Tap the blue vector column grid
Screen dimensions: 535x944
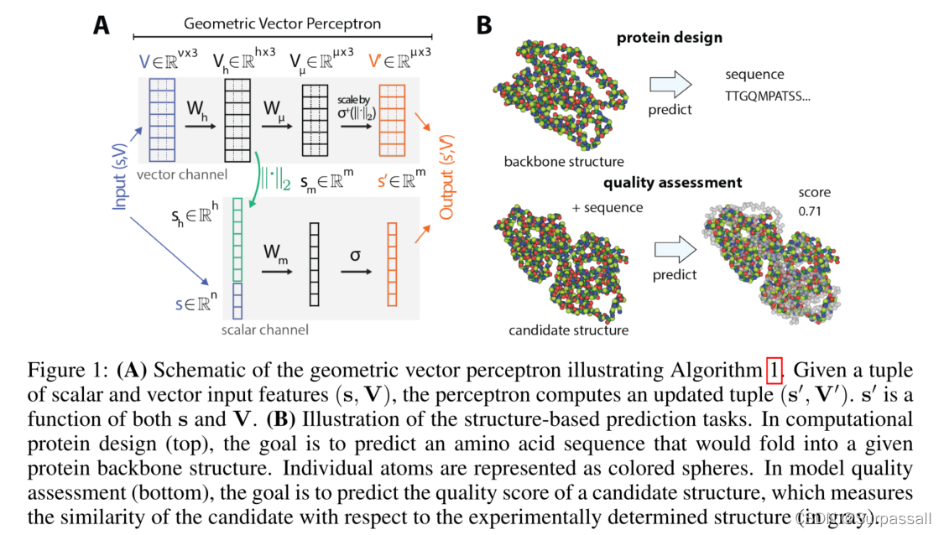point(161,120)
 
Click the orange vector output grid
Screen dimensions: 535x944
point(392,120)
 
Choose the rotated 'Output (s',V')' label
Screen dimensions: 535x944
point(446,174)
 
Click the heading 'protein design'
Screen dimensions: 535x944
point(670,38)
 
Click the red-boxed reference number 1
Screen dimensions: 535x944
point(774,370)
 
